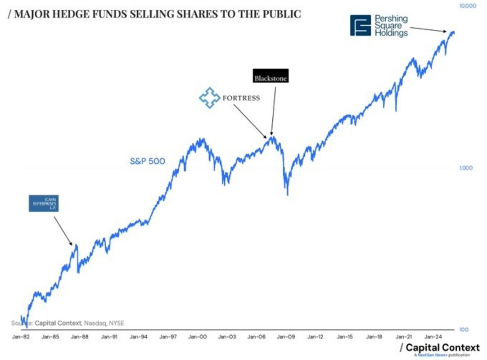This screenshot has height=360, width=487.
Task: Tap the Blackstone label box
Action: (270, 78)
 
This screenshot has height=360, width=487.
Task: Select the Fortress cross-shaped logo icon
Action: (210, 98)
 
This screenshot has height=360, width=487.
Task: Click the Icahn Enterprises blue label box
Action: (44, 203)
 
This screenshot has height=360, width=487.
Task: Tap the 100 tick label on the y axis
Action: (463, 329)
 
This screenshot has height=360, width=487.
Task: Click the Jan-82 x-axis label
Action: (21, 337)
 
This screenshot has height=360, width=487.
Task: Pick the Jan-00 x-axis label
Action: (198, 337)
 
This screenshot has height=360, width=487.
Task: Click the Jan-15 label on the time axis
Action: (345, 337)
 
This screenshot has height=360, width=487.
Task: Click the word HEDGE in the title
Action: (62, 14)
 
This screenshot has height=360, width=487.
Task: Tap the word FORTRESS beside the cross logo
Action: (241, 98)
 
